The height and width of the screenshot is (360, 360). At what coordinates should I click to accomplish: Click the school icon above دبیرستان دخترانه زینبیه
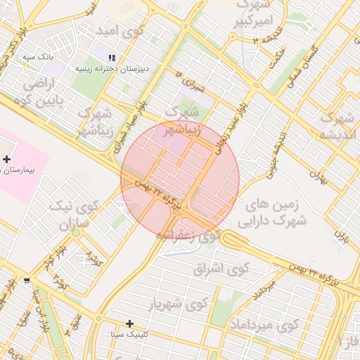point(111,58)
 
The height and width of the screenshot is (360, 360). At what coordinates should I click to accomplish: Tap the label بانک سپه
point(38,56)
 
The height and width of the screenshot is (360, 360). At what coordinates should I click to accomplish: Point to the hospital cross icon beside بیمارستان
point(6,160)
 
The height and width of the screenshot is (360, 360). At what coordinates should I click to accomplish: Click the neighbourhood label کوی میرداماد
point(264,325)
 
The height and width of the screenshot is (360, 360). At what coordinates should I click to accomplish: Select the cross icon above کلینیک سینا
point(129,323)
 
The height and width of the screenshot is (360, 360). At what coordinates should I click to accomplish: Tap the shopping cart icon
point(27,280)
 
